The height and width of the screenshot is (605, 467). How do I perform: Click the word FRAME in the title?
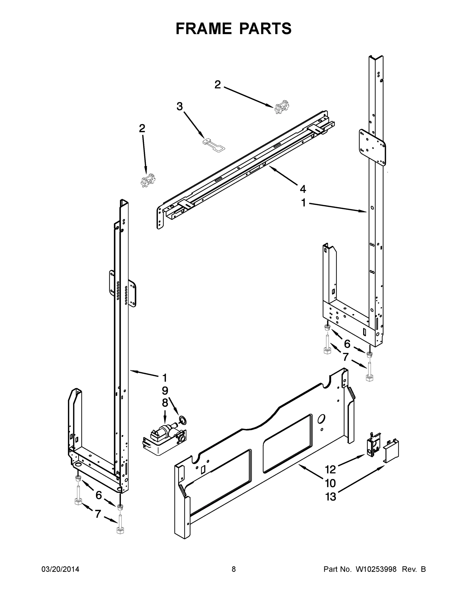204,28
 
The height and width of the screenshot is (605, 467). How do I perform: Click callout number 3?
180,106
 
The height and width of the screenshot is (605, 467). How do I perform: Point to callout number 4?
303,189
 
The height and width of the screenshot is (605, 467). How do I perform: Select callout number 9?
165,391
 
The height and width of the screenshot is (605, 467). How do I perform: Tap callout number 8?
165,403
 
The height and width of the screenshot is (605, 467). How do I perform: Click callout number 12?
330,470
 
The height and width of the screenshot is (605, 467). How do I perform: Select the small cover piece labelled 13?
391,450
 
